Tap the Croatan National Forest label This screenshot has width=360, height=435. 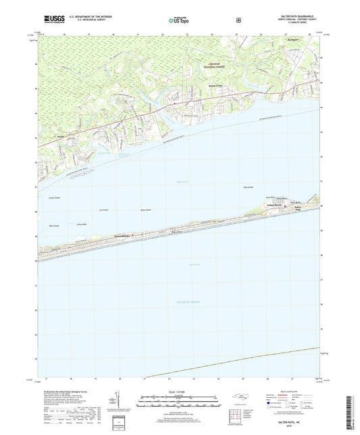click(214, 65)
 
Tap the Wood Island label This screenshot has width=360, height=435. click(146, 209)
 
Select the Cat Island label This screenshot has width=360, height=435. click(103, 210)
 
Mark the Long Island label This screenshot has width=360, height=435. click(83, 222)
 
